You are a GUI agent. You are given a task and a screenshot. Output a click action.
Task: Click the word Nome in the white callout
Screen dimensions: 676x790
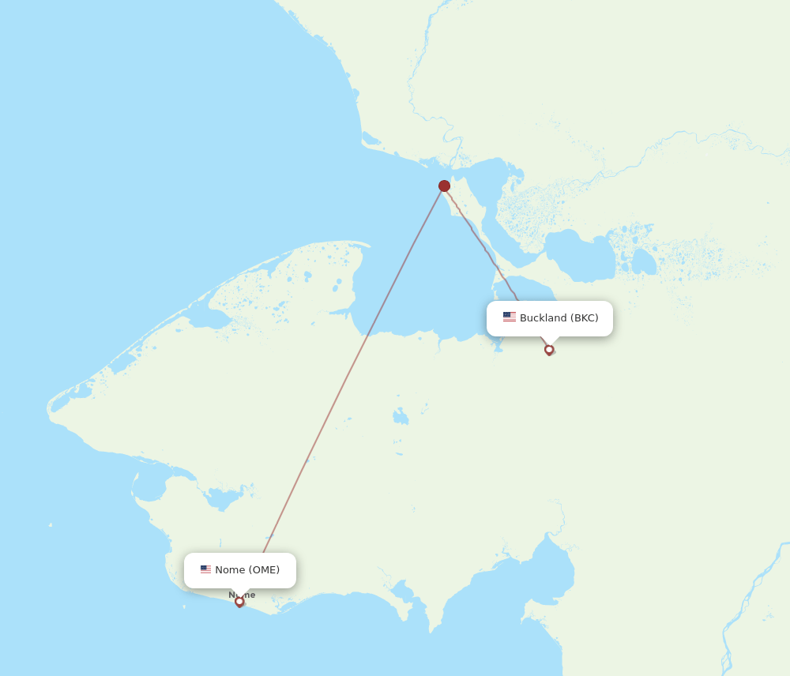tap(230, 570)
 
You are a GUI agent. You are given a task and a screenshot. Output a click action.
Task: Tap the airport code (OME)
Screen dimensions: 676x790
tap(264, 570)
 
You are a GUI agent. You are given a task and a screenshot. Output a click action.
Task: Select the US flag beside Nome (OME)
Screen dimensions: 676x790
tap(205, 569)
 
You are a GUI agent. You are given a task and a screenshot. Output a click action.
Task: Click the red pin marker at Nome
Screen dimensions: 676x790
tap(239, 602)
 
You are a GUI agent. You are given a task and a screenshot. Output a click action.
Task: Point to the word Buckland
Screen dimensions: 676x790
tap(544, 318)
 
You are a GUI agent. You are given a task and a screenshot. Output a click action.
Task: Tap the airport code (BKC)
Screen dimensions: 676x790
tap(585, 318)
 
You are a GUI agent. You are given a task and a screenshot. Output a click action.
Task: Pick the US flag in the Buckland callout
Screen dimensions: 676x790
tap(510, 317)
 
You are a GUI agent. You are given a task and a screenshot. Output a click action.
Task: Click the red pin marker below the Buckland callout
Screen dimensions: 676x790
tap(549, 350)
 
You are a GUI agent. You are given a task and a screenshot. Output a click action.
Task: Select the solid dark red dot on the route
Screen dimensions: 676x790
tap(444, 186)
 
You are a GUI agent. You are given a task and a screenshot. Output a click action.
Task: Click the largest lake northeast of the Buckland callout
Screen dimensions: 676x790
tap(581, 255)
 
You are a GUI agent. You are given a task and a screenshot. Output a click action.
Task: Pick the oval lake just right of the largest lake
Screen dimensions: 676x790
tap(643, 261)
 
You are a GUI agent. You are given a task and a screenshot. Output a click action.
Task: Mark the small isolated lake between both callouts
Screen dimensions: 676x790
tap(401, 415)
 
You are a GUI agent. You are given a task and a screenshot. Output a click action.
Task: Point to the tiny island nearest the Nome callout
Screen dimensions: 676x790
tap(50, 524)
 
